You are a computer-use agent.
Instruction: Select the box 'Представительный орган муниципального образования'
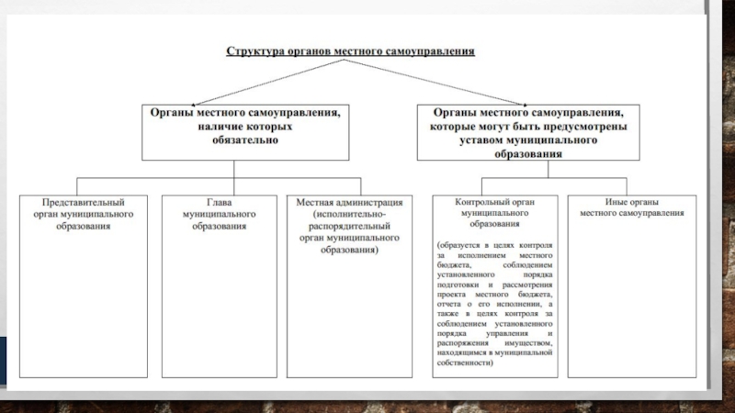[84, 285]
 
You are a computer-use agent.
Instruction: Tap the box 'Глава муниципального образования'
[219, 285]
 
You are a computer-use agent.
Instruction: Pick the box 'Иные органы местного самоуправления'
[632, 285]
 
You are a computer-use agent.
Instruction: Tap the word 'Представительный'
[84, 201]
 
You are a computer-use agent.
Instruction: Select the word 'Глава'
[219, 201]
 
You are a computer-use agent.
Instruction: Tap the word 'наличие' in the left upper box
[219, 127]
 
